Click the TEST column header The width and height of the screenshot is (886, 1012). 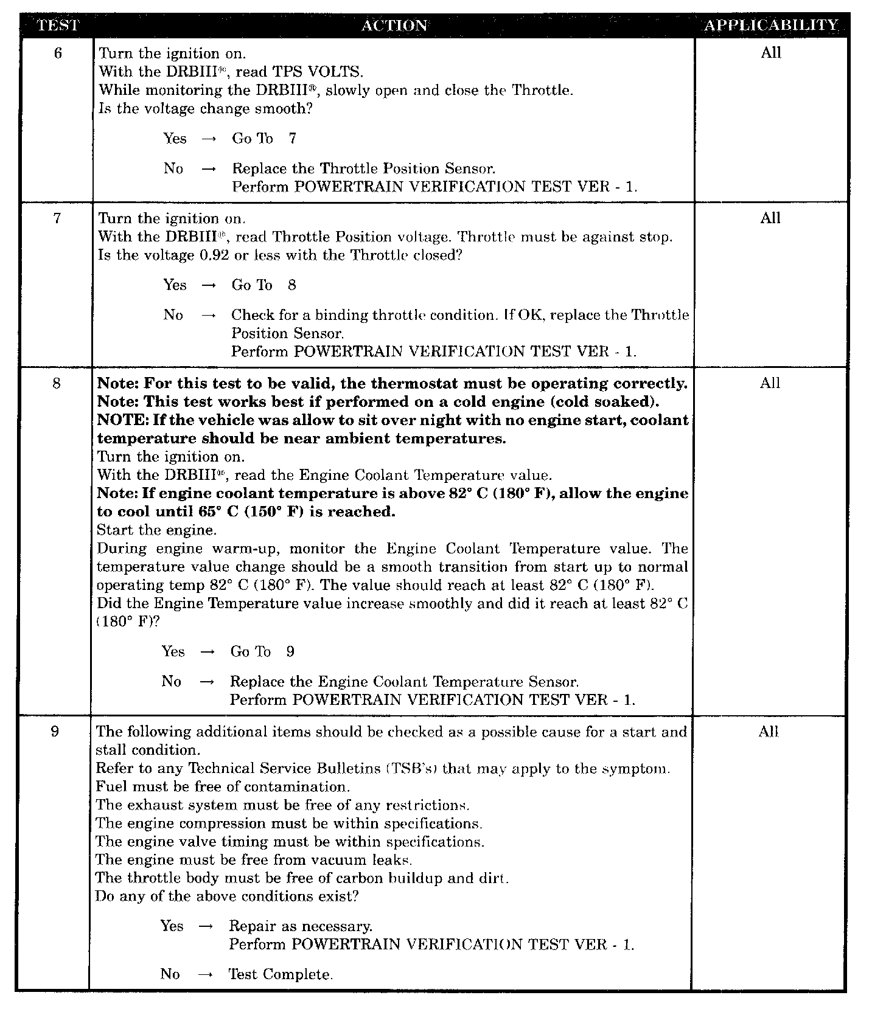point(58,26)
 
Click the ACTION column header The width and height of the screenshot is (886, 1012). point(394,26)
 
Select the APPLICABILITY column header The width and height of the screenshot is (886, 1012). point(771,26)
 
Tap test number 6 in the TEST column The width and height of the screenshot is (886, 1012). point(58,54)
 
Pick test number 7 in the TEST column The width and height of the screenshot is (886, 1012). point(57,218)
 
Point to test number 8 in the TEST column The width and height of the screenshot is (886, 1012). point(57,384)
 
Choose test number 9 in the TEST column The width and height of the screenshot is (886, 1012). point(55,732)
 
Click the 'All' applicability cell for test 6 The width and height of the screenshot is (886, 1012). point(770,53)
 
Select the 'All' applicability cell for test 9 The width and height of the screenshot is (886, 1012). point(769,732)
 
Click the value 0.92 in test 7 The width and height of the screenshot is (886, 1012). point(214,255)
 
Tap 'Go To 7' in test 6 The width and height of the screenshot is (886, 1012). point(264,139)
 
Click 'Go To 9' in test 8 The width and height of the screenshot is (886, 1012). point(262,652)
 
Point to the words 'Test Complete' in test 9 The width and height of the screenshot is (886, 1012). point(280,974)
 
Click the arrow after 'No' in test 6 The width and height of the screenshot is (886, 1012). point(209,169)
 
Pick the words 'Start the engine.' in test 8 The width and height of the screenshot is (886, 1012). point(156,530)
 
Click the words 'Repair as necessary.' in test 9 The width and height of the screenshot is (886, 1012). point(301,926)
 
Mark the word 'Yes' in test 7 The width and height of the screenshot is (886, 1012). point(175,285)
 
